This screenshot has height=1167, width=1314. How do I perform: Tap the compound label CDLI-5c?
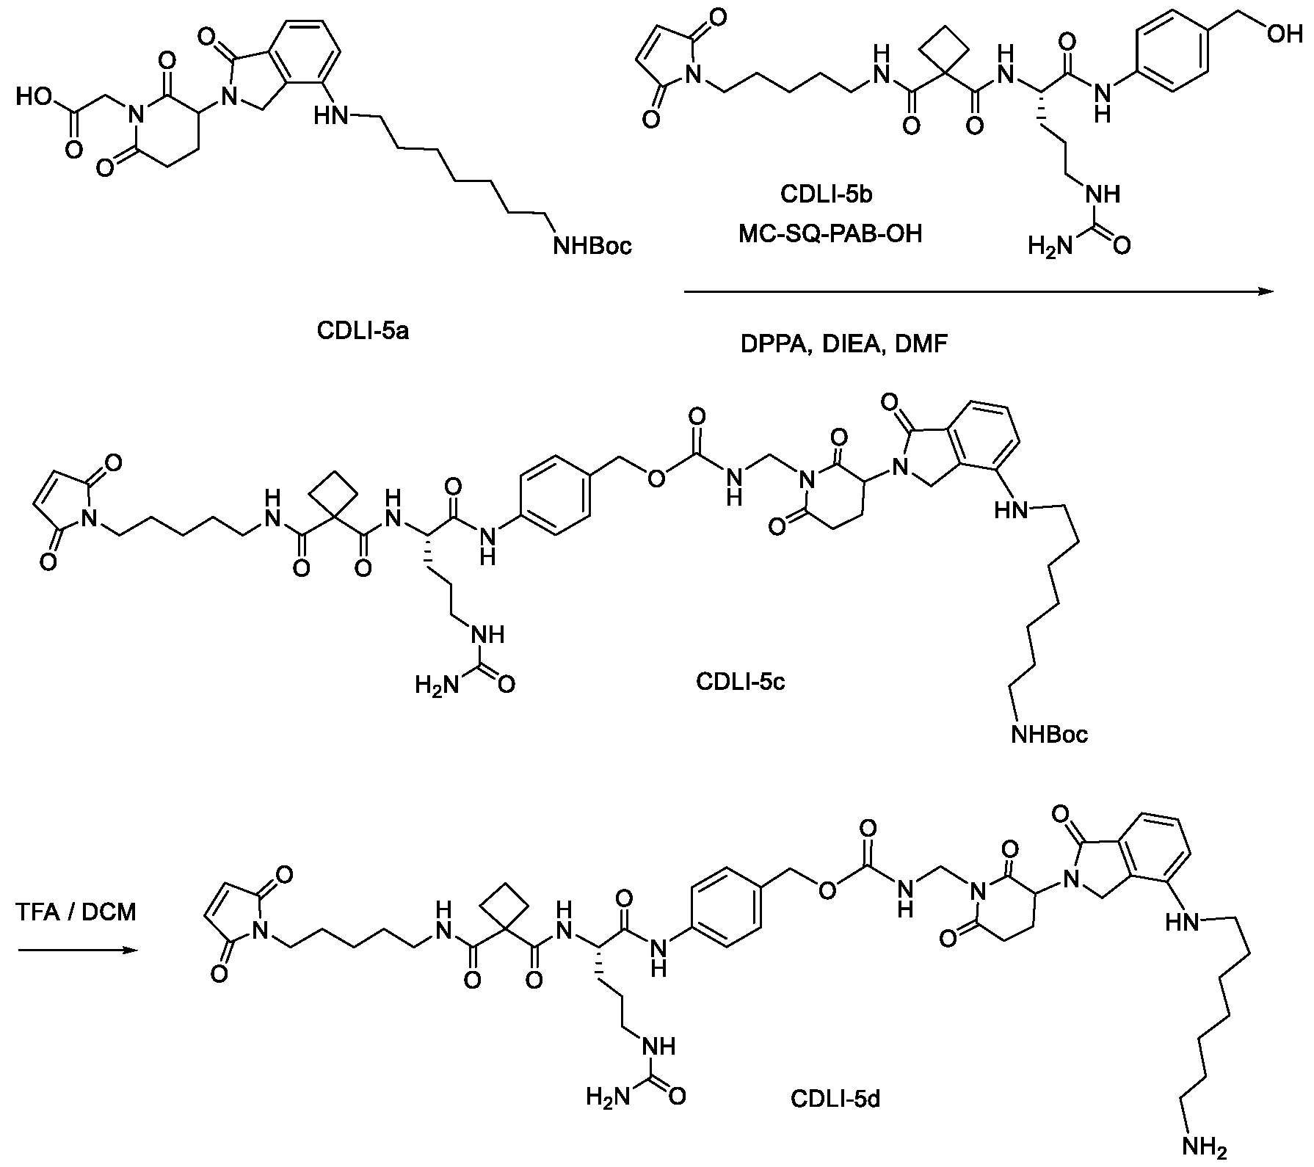[741, 682]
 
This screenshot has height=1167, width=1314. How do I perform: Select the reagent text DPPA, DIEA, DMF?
[844, 343]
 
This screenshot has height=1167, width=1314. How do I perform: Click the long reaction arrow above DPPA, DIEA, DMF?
[978, 292]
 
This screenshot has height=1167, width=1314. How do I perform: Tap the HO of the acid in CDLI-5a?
[34, 97]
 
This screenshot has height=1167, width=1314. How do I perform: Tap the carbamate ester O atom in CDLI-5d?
[827, 890]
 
